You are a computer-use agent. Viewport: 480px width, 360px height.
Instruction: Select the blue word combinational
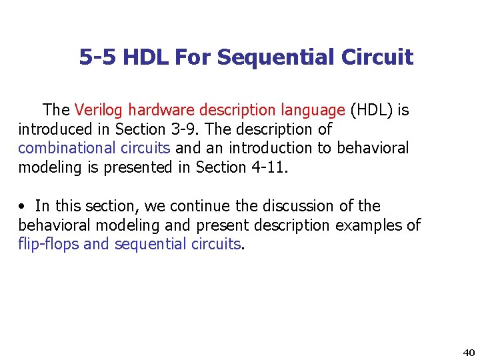pyautogui.click(x=60, y=148)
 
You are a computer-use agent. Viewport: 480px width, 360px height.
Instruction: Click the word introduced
pyautogui.click(x=55, y=129)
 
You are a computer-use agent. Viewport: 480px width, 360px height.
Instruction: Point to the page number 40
pyautogui.click(x=468, y=352)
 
